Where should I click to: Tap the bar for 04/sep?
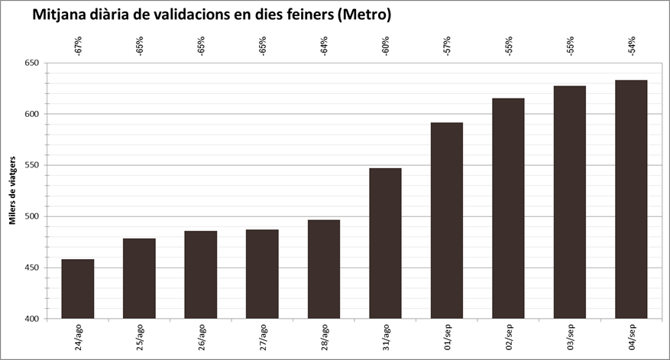tap(631, 199)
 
